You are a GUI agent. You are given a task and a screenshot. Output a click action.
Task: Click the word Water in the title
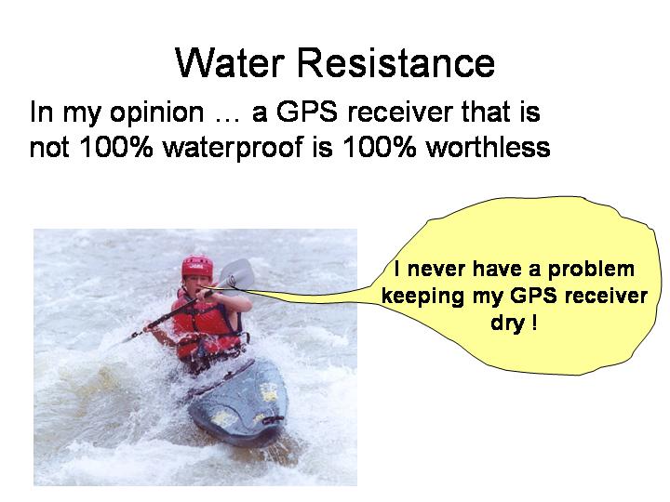230,63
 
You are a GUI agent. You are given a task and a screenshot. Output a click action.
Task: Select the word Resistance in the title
395,63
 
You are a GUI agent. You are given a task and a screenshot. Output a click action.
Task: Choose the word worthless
488,147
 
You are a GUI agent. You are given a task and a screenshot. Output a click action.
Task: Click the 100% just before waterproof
115,147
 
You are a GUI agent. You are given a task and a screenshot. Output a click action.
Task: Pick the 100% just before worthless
379,147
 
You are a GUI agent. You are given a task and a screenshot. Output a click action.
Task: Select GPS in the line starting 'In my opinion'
306,112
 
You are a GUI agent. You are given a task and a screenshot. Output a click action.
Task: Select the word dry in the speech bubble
507,323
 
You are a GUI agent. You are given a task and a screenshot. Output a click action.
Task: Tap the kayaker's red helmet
197,267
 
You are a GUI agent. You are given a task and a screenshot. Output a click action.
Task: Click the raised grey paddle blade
236,273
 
